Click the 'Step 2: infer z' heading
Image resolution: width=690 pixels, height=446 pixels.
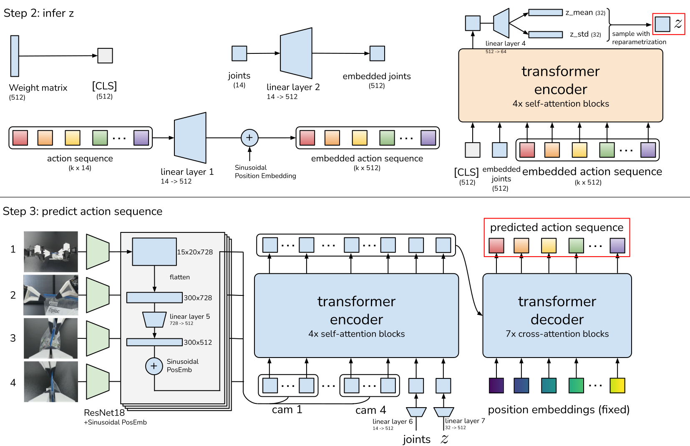[x=39, y=13]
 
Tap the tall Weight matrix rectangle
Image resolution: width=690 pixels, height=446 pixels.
[x=15, y=56]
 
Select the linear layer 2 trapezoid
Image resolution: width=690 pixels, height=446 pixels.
[x=296, y=53]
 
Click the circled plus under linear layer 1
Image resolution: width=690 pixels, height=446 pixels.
[x=249, y=138]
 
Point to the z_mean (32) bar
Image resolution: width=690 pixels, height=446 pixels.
[x=545, y=13]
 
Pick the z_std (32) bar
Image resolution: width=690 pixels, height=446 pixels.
[x=545, y=35]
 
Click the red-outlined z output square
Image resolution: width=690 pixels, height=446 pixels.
[x=662, y=24]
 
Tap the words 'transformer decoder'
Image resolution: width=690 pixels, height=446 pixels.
[x=557, y=310]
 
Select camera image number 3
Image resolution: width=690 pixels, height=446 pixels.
[x=51, y=338]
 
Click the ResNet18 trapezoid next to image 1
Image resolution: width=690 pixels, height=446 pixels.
[x=98, y=252]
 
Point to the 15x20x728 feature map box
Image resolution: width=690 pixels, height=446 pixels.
[x=154, y=252]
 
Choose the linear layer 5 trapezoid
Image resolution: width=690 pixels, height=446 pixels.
[x=154, y=320]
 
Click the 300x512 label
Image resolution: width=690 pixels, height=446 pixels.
[x=198, y=343]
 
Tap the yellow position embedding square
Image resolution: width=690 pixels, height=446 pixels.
[x=617, y=386]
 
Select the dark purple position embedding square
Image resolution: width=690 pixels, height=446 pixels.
[x=496, y=386]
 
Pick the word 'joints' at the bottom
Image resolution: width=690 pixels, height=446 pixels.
[x=416, y=439]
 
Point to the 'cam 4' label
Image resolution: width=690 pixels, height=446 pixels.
[x=370, y=411]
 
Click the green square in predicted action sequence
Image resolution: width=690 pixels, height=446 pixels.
[x=576, y=246]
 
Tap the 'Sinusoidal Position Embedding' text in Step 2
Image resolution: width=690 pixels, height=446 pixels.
[x=265, y=171]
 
